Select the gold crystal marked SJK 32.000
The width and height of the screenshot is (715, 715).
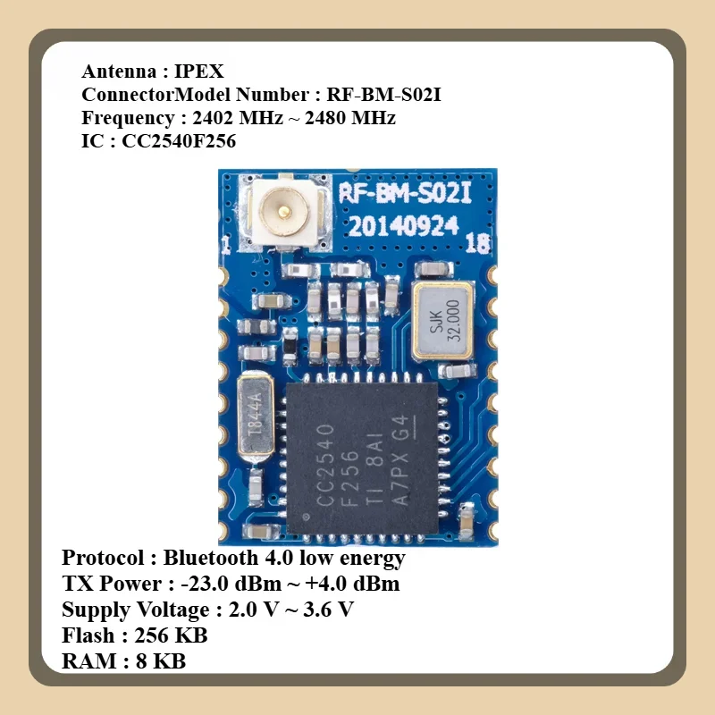point(443,320)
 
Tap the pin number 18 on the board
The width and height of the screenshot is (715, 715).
point(478,242)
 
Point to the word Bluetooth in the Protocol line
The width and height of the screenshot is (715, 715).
point(214,559)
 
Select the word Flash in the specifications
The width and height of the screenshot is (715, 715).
point(88,636)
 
